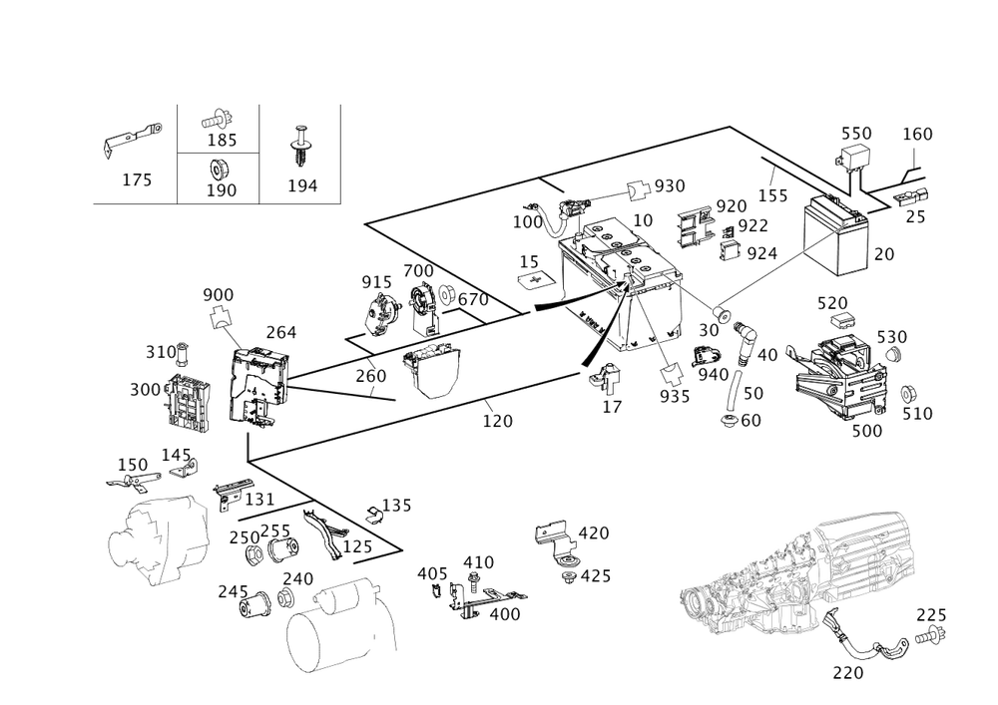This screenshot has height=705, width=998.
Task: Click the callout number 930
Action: pos(670,187)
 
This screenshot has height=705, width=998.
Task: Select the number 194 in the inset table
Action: pos(301,184)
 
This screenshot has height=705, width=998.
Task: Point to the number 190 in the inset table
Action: pos(222,189)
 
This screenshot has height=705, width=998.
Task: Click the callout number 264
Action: pos(280,333)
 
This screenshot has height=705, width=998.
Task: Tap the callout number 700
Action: pos(418,271)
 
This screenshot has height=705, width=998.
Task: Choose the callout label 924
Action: pos(761,253)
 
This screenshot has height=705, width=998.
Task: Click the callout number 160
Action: pos(917,135)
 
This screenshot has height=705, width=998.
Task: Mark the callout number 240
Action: pos(298,577)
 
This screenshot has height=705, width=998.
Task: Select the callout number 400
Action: pos(505,615)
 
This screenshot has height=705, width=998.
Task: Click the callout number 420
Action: pos(594,532)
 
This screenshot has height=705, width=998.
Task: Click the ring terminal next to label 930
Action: pos(636,187)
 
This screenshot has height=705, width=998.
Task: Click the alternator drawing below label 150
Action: pos(158,538)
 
